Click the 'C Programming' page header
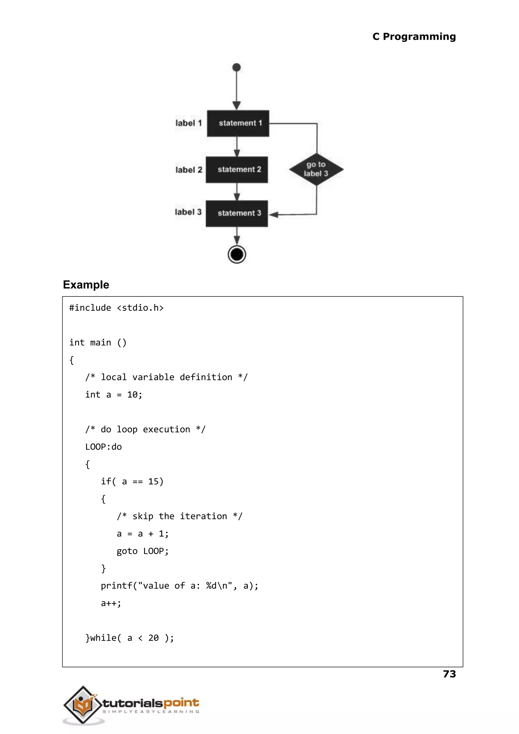(x=414, y=37)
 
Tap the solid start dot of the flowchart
(x=236, y=67)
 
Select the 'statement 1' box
(x=238, y=124)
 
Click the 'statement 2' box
(x=237, y=170)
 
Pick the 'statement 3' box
(x=237, y=214)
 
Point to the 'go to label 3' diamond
(x=316, y=169)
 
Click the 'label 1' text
(x=189, y=123)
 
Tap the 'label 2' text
(x=189, y=170)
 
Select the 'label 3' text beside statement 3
(x=188, y=212)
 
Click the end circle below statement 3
(x=237, y=255)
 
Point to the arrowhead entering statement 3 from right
(x=273, y=215)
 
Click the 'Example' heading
(x=86, y=285)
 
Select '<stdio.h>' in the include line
(x=140, y=308)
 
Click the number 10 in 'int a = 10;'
(x=132, y=395)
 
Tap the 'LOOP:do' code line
(x=103, y=447)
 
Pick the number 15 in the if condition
(x=153, y=482)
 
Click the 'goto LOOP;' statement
(x=142, y=551)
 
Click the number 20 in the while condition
(x=153, y=638)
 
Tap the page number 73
(x=449, y=674)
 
